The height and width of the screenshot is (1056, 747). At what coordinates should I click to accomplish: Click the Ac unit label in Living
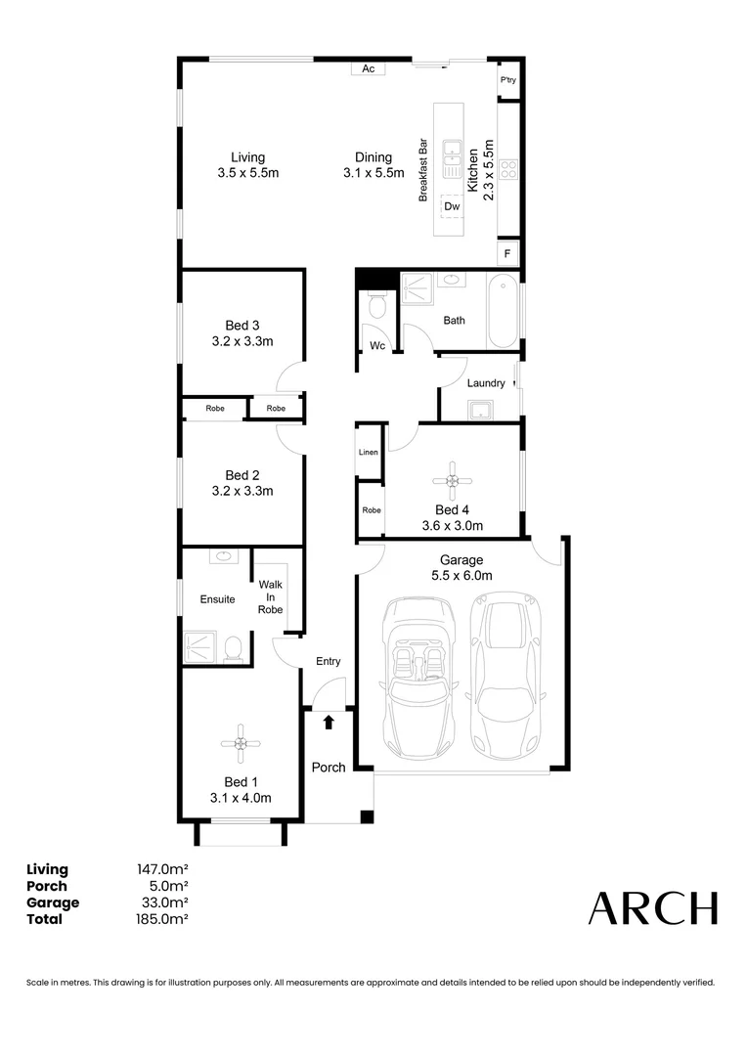pos(369,68)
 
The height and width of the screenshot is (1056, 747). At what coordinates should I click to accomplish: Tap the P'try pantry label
pos(507,80)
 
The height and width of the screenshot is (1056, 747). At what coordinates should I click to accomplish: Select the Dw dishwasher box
pos(451,206)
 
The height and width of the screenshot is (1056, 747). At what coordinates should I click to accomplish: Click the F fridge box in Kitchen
pos(507,253)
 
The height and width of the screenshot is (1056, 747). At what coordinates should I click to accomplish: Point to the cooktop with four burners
pos(508,170)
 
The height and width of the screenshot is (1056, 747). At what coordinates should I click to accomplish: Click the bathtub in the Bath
pos(503,312)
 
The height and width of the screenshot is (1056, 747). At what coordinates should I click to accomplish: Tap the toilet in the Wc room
pos(375,308)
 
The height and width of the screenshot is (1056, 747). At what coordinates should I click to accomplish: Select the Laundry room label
pos(486,383)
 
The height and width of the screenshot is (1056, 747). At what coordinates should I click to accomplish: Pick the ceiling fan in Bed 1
pos(241,744)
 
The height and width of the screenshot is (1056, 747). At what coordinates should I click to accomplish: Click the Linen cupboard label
pos(369,453)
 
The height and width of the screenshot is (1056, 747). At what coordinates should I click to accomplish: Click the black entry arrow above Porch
pos(329,722)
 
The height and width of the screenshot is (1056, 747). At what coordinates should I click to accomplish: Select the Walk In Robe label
pos(270,596)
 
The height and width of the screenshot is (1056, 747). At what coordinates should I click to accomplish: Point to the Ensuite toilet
pos(233,649)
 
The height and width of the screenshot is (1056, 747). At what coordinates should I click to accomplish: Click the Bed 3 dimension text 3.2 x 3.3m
pos(242,342)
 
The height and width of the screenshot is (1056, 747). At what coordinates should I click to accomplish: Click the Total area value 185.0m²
pos(162,919)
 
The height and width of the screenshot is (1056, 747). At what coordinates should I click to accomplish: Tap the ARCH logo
pos(652,908)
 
